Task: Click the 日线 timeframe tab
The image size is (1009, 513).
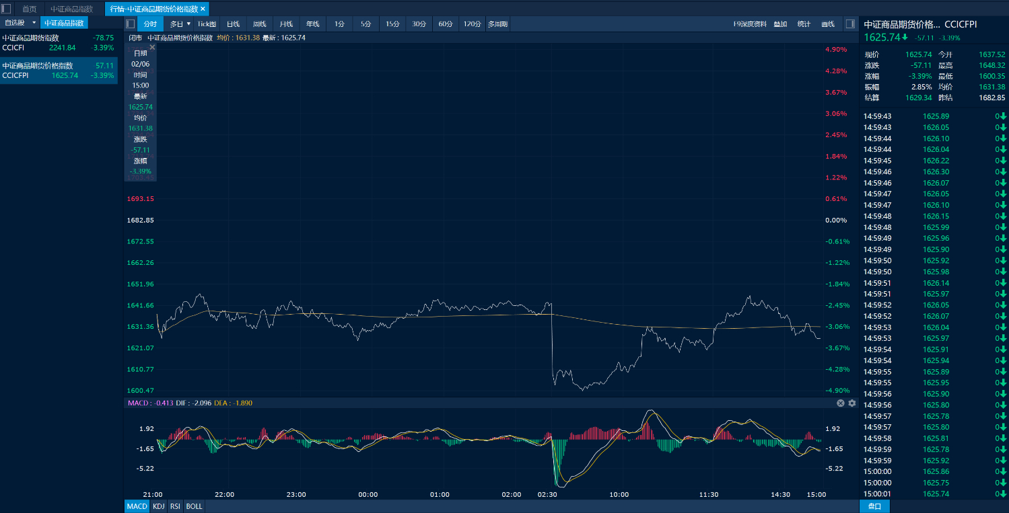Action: [x=233, y=24]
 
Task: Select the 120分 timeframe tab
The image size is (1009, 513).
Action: [x=472, y=24]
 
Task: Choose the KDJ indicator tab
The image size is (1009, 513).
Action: [x=158, y=506]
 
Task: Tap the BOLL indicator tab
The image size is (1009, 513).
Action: [x=194, y=506]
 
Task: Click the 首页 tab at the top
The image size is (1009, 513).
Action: [x=30, y=9]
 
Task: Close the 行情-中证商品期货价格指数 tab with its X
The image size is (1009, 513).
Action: [x=203, y=9]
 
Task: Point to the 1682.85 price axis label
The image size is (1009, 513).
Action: [x=140, y=221]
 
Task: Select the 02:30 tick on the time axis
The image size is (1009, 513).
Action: [x=547, y=495]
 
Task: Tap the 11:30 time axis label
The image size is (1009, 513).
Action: [x=708, y=495]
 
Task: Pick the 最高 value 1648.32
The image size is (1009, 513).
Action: [x=991, y=65]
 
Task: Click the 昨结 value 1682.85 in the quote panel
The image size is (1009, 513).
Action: [x=991, y=97]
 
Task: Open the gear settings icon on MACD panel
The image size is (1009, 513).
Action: [x=852, y=403]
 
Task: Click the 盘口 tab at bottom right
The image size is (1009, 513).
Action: [x=874, y=506]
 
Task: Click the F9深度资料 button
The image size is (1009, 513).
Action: [x=750, y=24]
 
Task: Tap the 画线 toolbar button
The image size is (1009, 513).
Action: [x=827, y=24]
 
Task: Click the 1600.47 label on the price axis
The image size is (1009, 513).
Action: [x=140, y=391]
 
